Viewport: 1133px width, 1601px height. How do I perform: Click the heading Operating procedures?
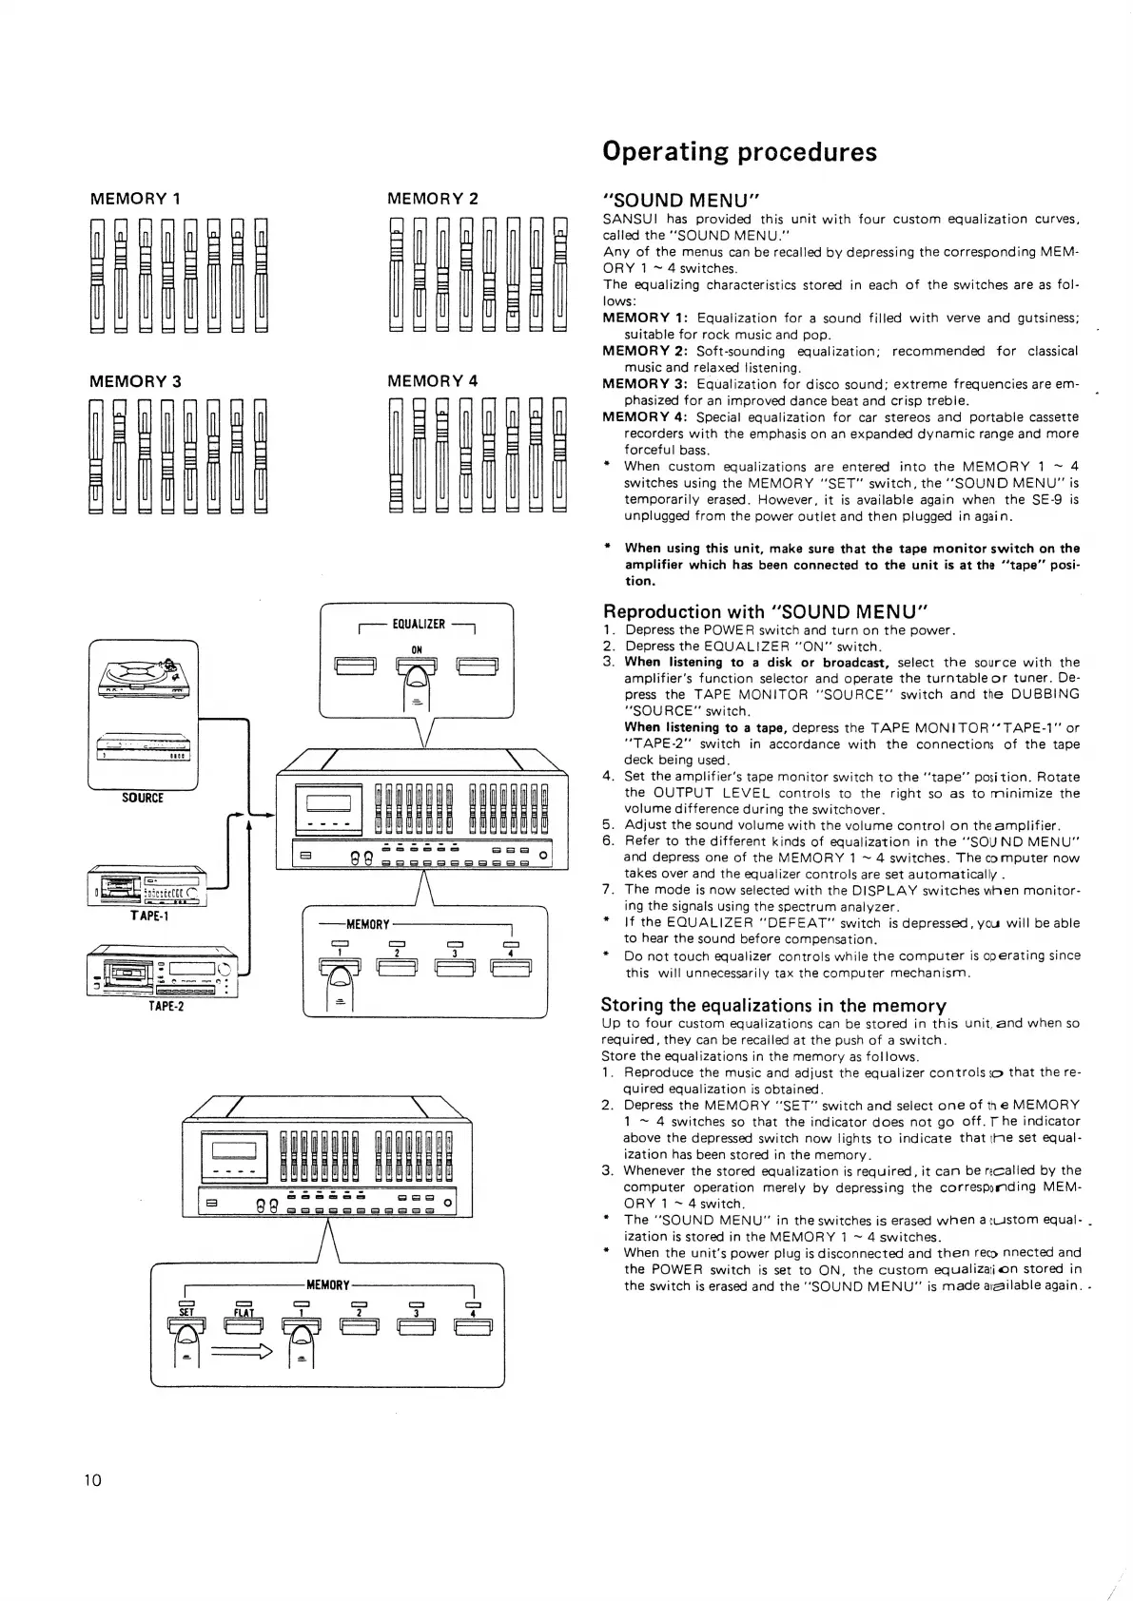tap(739, 152)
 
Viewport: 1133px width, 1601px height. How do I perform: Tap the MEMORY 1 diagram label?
tap(135, 199)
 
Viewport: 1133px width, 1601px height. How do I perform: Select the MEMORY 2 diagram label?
tap(433, 199)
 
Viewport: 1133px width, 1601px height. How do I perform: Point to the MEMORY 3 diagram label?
tap(135, 381)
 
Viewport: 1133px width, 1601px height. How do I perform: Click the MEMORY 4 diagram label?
tap(433, 381)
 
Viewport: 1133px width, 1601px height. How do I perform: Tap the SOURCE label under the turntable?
tap(143, 799)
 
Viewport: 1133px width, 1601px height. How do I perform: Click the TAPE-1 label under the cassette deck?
tap(149, 916)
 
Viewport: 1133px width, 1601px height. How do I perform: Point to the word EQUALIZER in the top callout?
tap(419, 625)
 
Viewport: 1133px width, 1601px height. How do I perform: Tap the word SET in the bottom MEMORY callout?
tap(186, 1313)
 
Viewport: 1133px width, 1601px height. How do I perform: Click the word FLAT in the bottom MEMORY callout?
tap(244, 1313)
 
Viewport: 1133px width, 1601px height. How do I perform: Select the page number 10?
tap(92, 1480)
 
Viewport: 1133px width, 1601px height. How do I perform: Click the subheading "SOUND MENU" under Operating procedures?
tap(680, 201)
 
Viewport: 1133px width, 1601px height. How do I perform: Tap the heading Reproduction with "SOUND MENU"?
tap(765, 611)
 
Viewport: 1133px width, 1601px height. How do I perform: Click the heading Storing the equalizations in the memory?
tap(773, 1005)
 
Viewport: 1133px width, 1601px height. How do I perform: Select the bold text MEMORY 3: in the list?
tap(646, 384)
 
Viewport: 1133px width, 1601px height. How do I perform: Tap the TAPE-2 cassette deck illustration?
tap(162, 972)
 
